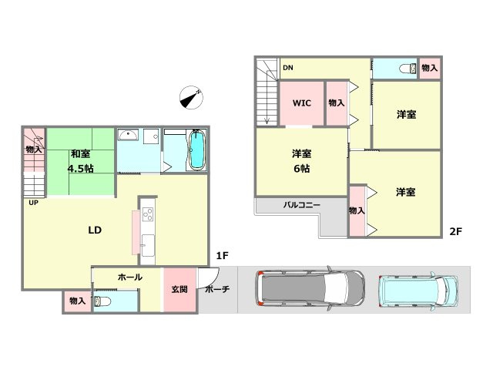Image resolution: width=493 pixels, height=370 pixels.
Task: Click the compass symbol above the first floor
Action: point(189,96)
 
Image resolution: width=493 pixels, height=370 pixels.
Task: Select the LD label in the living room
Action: point(95,230)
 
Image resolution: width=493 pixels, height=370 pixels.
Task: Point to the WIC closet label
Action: point(300,103)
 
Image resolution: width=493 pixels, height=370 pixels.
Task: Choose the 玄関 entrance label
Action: point(179,290)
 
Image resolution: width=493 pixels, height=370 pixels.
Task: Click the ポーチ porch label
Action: point(217,290)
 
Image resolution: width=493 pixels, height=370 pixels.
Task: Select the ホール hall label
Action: point(129,276)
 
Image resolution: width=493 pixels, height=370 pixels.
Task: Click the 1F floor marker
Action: point(222,255)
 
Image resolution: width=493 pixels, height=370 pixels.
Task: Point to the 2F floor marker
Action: point(456,230)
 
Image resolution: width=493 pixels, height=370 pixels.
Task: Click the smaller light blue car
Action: point(420,291)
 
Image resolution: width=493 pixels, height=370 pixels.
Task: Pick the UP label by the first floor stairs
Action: point(33,203)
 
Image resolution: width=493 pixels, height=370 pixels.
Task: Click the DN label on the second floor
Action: point(287,68)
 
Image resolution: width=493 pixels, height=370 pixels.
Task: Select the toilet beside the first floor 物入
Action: point(106,300)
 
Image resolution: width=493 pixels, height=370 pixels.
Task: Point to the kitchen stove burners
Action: point(146,214)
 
